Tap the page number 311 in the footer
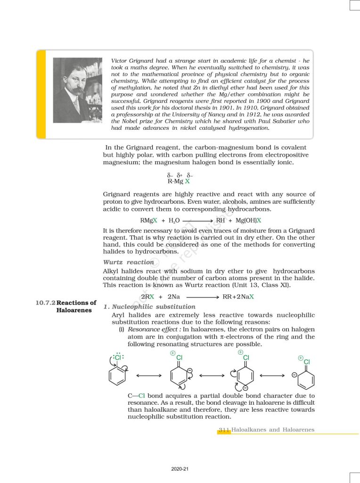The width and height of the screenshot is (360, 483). (224, 430)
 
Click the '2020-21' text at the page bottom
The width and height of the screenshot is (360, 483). (180, 469)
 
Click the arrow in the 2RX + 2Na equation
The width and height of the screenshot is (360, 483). (203, 297)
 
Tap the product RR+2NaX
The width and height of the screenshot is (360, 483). (238, 297)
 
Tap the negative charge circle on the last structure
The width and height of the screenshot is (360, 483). (294, 375)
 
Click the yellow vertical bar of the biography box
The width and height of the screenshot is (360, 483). (41, 94)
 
